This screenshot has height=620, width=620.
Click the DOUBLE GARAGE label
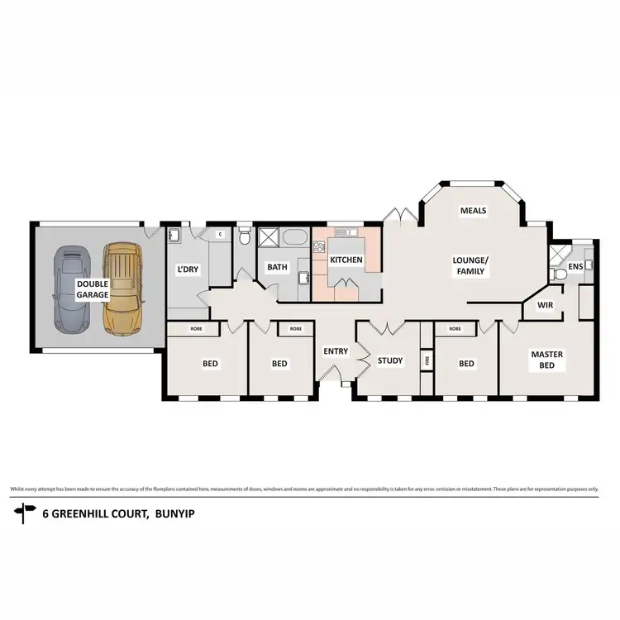(x=93, y=289)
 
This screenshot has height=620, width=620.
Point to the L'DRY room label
(x=188, y=269)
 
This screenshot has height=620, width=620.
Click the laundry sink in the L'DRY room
(x=176, y=237)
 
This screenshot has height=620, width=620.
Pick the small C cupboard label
(x=220, y=235)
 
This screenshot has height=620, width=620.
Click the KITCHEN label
(x=346, y=260)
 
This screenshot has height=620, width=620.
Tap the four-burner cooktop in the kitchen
(x=318, y=245)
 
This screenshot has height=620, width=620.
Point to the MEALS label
(x=473, y=211)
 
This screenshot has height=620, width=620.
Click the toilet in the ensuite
(x=559, y=274)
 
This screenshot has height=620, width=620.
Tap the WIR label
(x=545, y=305)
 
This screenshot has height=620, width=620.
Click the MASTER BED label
(x=546, y=360)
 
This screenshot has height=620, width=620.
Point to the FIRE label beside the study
(x=427, y=360)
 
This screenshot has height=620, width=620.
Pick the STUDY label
(x=389, y=361)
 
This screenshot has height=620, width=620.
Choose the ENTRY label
(x=336, y=351)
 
